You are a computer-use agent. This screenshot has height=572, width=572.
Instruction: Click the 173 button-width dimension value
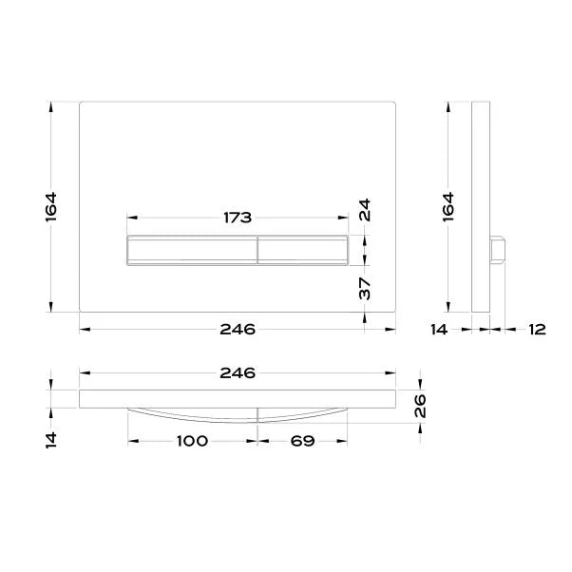(238, 218)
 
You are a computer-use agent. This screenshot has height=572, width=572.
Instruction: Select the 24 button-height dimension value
(365, 210)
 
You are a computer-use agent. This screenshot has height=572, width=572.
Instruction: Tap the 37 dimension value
(365, 288)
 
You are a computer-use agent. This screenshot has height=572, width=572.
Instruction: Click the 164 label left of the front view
(52, 206)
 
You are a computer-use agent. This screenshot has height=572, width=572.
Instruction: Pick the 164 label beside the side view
(449, 206)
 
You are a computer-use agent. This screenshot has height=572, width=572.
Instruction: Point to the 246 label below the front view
(238, 330)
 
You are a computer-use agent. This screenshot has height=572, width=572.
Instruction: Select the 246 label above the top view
(238, 372)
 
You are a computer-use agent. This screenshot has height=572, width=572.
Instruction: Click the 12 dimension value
(537, 330)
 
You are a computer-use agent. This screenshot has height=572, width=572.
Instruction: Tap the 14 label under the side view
(439, 330)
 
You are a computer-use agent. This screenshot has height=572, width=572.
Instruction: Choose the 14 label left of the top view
(52, 440)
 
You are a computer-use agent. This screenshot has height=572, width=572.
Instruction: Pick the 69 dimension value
(301, 442)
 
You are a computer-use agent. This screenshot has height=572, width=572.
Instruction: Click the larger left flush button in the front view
(191, 251)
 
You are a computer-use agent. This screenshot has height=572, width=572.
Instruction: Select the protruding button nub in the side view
(497, 251)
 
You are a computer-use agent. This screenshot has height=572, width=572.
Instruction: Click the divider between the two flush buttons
(257, 251)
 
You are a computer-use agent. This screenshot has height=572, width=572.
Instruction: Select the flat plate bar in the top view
(238, 397)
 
